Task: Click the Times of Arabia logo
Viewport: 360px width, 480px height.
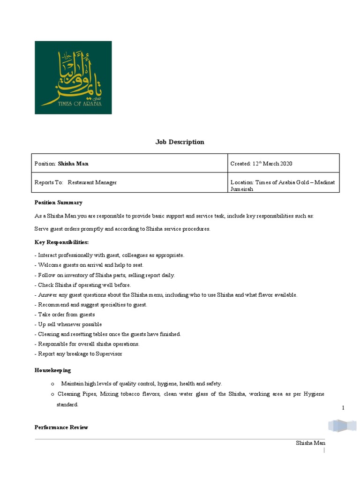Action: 73,77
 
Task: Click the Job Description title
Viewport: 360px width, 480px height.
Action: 180,142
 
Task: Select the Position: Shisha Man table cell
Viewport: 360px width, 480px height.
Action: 129,164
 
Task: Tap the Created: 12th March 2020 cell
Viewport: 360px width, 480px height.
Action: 283,164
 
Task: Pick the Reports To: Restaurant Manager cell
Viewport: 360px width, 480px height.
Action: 129,182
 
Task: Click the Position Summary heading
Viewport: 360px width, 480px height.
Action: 58,202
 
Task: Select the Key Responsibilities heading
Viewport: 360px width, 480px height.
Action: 61,242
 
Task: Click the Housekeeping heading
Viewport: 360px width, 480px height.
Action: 52,370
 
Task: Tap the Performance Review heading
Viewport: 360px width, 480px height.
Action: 61,427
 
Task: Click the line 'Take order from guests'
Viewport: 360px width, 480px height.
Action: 65,315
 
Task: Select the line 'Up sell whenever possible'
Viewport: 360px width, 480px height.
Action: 68,324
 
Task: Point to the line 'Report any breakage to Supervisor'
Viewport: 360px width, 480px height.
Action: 78,354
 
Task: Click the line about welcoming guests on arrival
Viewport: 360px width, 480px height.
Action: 89,265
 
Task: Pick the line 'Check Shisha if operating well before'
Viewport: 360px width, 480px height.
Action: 83,285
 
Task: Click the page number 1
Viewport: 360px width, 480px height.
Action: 343,408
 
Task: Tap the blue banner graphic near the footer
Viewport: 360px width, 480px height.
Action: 342,426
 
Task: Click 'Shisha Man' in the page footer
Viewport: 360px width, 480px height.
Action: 310,443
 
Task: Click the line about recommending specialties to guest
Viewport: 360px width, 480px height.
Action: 91,305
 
